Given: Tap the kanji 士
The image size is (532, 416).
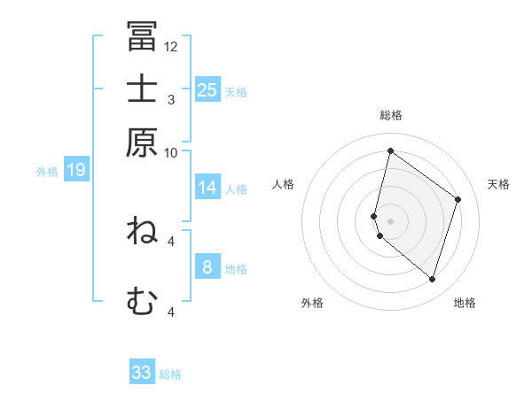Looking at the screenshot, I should [x=142, y=89].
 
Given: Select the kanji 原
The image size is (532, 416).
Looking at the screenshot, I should [x=142, y=142].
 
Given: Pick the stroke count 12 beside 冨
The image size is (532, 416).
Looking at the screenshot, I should [x=171, y=46].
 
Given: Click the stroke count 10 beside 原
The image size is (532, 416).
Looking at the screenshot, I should [x=171, y=152].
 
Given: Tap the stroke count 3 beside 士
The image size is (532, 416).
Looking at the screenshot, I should [x=171, y=99].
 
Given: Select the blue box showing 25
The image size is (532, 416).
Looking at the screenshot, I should [x=207, y=89].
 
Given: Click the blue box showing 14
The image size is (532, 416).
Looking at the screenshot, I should [x=207, y=188].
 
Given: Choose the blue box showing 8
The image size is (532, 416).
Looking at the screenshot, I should [x=207, y=266].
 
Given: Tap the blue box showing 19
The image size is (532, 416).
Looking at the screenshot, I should [x=76, y=170].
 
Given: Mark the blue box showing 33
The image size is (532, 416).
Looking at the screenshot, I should [x=142, y=373].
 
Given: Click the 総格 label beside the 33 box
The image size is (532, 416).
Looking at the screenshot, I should [x=170, y=374].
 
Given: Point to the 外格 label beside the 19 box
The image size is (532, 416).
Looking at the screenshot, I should [x=47, y=172].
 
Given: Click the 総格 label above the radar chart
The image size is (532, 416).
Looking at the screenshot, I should [x=391, y=115].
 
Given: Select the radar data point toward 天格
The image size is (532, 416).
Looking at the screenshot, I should [x=458, y=199].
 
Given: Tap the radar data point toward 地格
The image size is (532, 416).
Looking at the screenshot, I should [x=432, y=280].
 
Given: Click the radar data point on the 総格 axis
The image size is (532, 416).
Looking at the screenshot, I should [x=390, y=150].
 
